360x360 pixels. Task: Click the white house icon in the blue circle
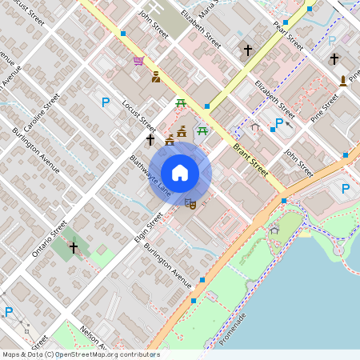tap(180, 172)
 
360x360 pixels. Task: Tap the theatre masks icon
tap(190, 203)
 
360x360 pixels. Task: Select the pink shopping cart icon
tap(139, 61)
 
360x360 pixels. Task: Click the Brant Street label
tap(250, 155)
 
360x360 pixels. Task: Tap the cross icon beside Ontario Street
tap(74, 248)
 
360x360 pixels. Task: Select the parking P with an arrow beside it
tap(278, 123)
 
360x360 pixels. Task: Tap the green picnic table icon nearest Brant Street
tap(204, 130)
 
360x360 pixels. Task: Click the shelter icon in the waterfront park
tap(274, 230)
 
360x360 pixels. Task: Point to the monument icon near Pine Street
tap(343, 80)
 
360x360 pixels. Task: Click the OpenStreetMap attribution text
tap(81, 354)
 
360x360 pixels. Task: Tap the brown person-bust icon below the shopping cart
tap(155, 78)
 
